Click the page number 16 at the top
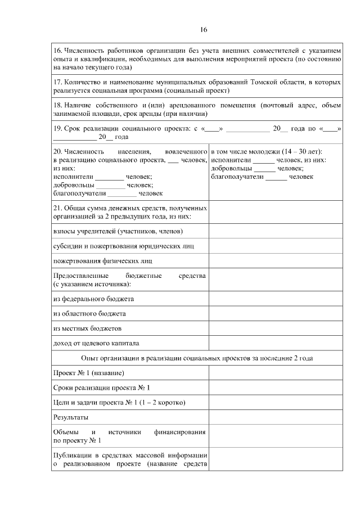click(x=204, y=30)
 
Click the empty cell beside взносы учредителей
click(x=275, y=231)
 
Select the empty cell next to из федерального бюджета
click(x=275, y=299)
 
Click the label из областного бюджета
click(x=89, y=313)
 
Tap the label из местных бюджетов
click(x=87, y=328)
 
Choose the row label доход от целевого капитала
click(x=96, y=343)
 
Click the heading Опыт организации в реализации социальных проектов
click(x=197, y=358)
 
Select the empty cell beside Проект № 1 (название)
click(x=275, y=372)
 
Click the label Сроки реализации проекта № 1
click(x=101, y=388)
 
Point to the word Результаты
click(x=70, y=417)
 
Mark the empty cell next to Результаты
click(x=275, y=417)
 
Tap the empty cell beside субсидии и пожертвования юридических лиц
click(x=275, y=246)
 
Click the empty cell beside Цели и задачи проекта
click(x=275, y=402)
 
